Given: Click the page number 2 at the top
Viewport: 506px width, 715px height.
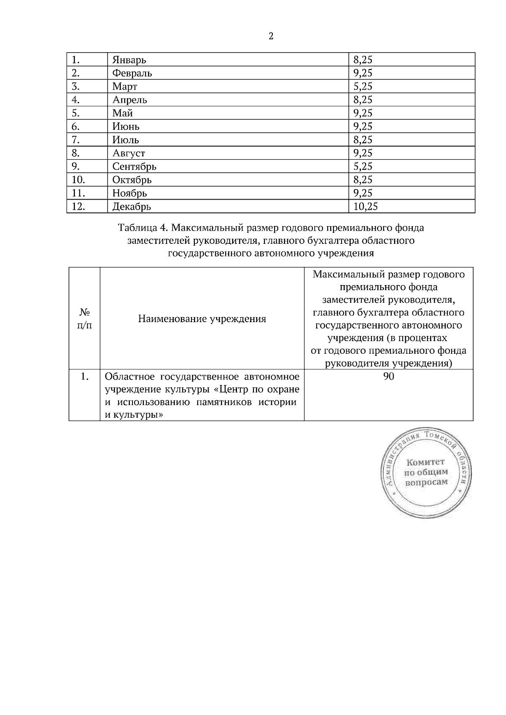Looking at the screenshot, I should click(271, 36).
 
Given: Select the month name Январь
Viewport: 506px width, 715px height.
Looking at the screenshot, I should click(129, 60).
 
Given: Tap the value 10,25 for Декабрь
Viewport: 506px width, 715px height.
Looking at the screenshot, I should click(366, 206).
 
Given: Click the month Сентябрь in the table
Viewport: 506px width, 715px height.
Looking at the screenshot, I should click(134, 166).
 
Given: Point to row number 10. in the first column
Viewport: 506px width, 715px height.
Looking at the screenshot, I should click(78, 180).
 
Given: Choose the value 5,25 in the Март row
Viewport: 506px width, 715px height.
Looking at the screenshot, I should click(363, 86).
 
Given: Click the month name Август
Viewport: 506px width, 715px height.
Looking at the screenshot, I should click(129, 153).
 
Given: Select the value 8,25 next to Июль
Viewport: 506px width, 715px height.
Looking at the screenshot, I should click(363, 140).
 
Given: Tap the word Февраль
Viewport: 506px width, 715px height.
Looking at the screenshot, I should click(132, 73).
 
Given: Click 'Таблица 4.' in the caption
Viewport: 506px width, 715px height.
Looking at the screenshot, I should click(143, 228).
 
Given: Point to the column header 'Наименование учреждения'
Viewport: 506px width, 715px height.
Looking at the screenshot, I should click(202, 319).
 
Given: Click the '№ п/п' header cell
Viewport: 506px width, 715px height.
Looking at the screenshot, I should click(84, 319).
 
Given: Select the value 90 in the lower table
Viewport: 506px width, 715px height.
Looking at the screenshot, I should click(388, 376).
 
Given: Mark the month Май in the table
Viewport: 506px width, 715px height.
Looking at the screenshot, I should click(122, 113).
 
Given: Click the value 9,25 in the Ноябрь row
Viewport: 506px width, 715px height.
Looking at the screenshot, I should click(363, 193).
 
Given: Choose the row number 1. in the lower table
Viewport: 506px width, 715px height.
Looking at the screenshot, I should click(84, 376).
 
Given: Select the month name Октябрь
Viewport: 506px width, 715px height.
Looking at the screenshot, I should click(132, 180).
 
